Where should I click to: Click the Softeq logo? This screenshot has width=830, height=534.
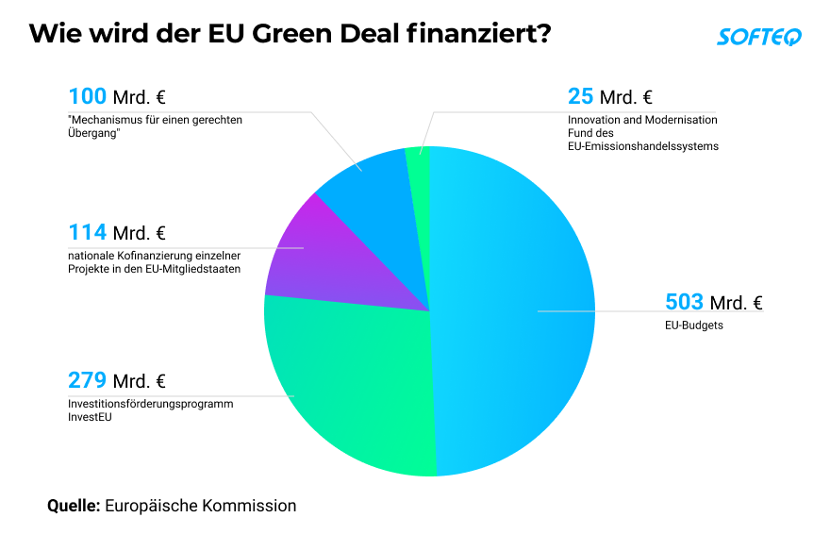coord(759,37)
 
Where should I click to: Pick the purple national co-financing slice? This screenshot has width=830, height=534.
coord(311,255)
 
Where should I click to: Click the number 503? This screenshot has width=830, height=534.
coord(685,302)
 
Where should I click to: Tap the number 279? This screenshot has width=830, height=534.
coord(87,380)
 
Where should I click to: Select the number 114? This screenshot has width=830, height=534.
coord(87,232)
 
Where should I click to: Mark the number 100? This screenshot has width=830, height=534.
coord(87,96)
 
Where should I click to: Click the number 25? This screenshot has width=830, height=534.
coord(580,96)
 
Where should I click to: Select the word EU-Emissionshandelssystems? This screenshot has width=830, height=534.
coord(643,146)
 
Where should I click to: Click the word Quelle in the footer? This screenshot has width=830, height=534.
coord(74,506)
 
